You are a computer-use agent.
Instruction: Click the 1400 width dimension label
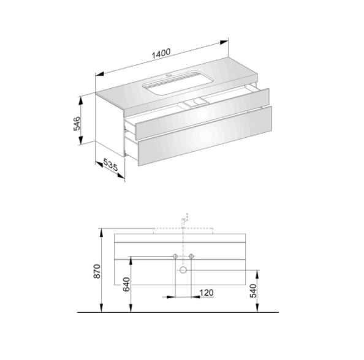[161, 53]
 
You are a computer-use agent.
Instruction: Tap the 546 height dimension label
[77, 124]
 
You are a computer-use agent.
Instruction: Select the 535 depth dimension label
[110, 164]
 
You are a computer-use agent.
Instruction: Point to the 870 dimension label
[97, 271]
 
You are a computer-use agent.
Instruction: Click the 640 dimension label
[126, 284]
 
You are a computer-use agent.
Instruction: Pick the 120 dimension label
[207, 293]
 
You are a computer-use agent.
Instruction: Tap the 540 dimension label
[253, 291]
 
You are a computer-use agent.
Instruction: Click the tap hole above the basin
[169, 75]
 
